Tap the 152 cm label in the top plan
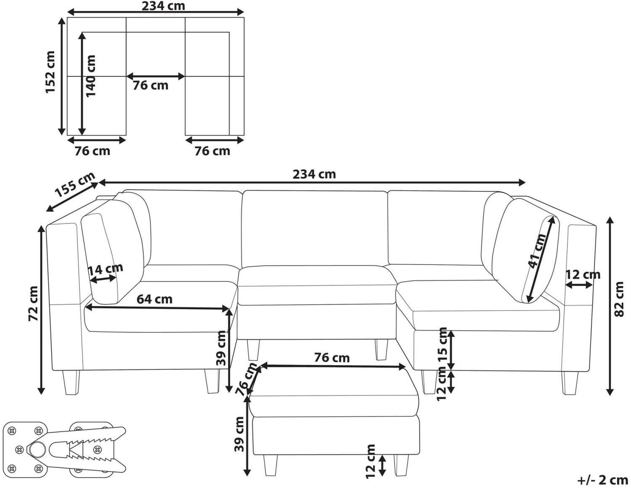50,72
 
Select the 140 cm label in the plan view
90,76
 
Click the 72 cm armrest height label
33,304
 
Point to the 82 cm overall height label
619,299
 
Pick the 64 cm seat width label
154,299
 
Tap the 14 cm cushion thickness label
105,269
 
